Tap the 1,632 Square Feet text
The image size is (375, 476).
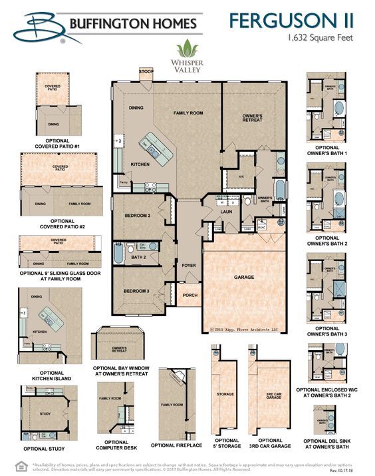coord(321,39)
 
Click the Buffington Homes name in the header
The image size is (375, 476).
coord(134,25)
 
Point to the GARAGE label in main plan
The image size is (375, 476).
coord(244,276)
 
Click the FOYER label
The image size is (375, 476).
coord(189,266)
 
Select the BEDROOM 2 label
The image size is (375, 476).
coord(138,216)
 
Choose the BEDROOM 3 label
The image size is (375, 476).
coord(138,292)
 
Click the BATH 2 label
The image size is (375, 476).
coord(138,257)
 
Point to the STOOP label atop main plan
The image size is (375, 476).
coord(145,71)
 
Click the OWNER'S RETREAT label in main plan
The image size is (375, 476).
coord(252,119)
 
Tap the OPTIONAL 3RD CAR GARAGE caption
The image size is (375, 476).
coord(269,444)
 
